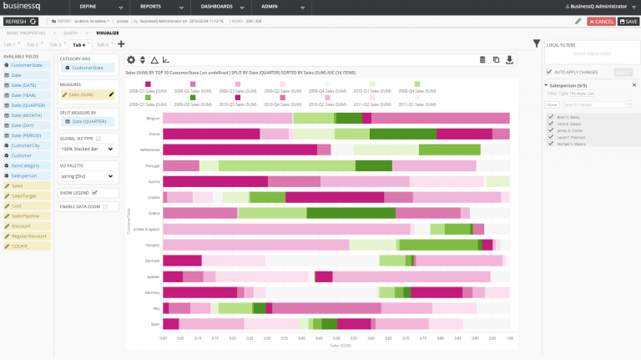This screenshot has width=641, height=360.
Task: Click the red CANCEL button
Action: [x=602, y=21]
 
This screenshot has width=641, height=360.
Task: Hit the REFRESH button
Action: [x=22, y=21]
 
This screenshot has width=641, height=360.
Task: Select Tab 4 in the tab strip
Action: [x=78, y=44]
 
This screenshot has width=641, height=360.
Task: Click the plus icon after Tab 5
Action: [x=121, y=44]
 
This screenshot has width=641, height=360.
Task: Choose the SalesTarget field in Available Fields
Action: [x=24, y=195]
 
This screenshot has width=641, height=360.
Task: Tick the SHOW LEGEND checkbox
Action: [x=94, y=192]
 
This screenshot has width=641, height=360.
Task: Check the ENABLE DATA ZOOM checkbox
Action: [x=104, y=206]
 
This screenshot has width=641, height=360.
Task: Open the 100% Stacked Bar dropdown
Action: [x=87, y=149]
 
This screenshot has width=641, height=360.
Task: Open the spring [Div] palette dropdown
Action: [x=87, y=176]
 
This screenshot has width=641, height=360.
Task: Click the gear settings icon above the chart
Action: [x=130, y=59]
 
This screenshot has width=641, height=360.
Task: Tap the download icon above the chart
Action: [x=510, y=59]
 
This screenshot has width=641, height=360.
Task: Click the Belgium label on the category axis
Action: [x=154, y=119]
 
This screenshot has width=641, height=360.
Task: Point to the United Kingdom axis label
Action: [x=146, y=229]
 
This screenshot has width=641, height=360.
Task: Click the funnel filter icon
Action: [x=537, y=43]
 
